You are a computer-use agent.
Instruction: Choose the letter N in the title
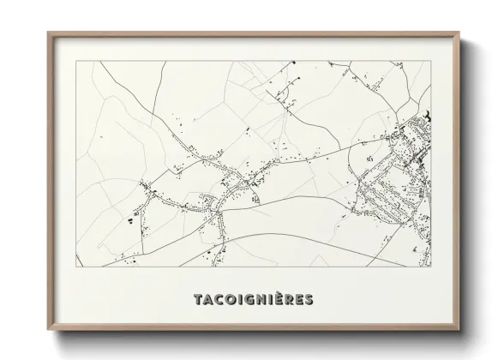pyautogui.click(x=255, y=299)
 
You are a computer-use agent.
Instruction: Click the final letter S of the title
pyautogui.click(x=309, y=299)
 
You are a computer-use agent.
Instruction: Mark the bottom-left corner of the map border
pyautogui.click(x=78, y=266)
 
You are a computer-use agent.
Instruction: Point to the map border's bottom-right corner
pyautogui.click(x=430, y=266)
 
